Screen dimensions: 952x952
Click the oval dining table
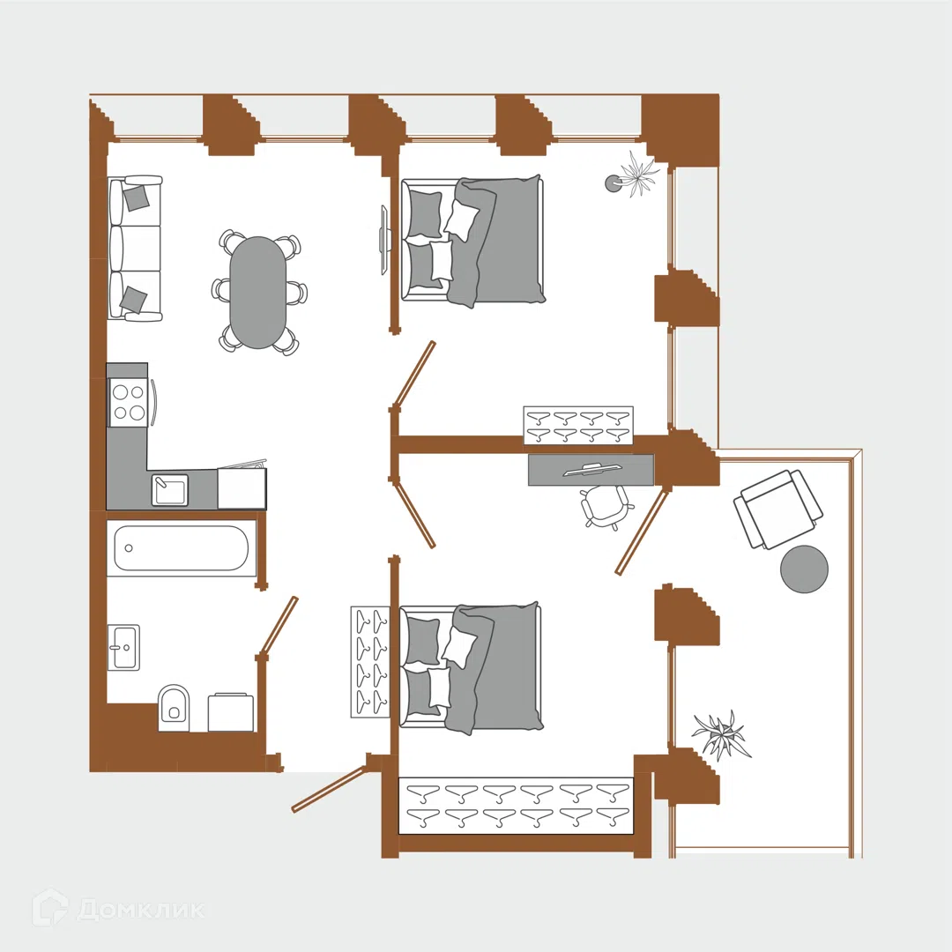tap(258, 292)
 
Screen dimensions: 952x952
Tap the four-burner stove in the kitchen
tap(129, 402)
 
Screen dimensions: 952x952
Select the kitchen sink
tap(170, 489)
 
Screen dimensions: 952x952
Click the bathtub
tap(181, 547)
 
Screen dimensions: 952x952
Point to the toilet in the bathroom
tap(174, 708)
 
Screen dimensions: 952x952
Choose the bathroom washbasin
tap(124, 647)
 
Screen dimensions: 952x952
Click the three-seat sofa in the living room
tap(136, 249)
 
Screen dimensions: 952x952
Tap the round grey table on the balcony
tap(804, 569)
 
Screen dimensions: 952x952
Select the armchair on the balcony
tap(777, 509)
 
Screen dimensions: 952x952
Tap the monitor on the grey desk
tap(592, 469)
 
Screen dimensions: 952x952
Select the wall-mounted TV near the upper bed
tap(383, 240)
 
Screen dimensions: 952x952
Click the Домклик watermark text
tap(141, 910)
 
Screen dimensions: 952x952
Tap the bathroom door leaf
tap(278, 625)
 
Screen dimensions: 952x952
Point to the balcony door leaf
tap(641, 532)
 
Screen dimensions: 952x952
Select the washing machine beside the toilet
tap(231, 713)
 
